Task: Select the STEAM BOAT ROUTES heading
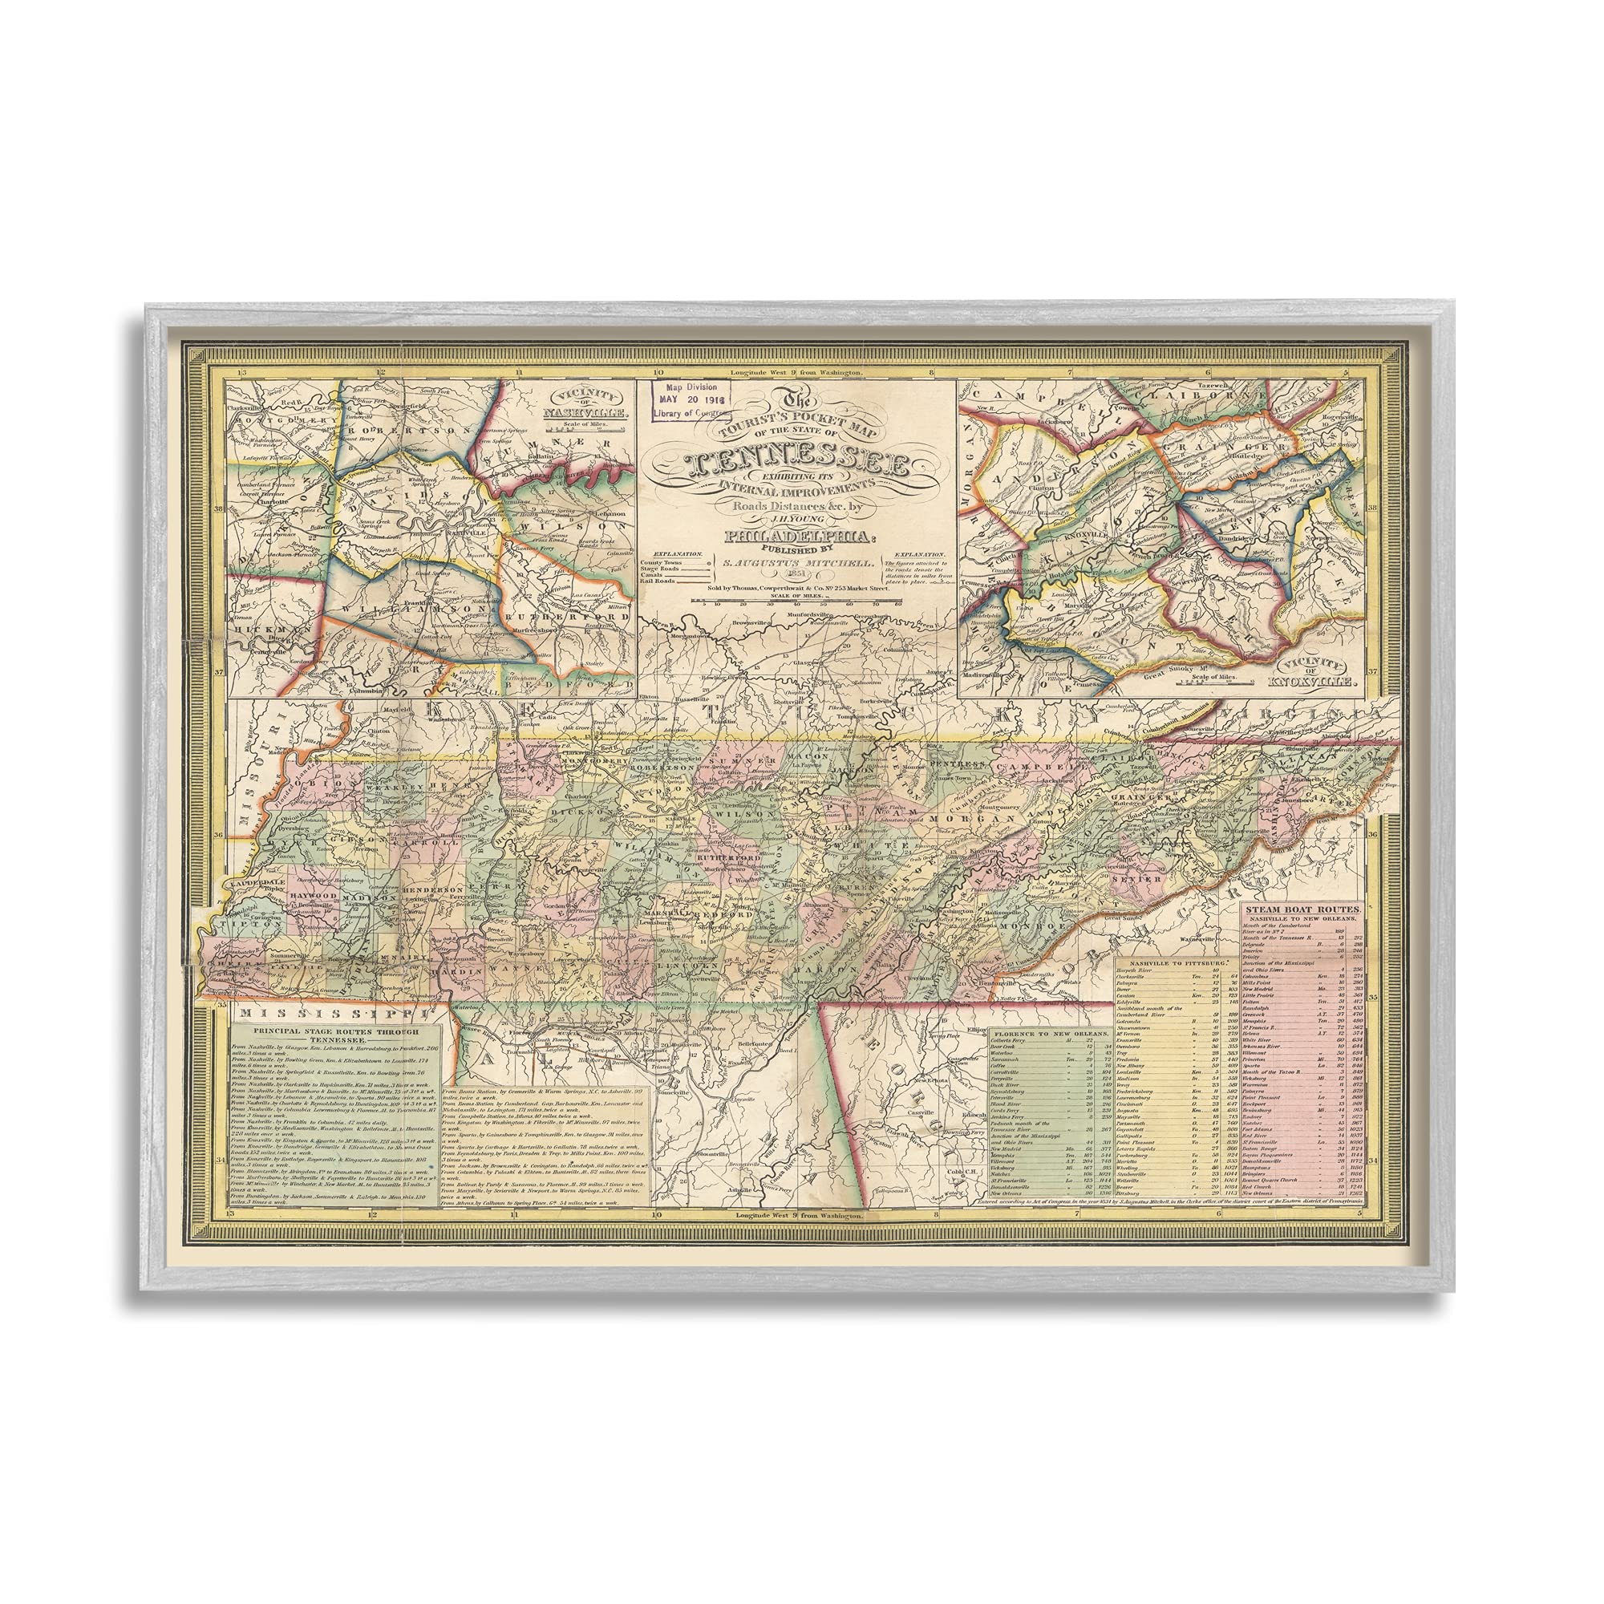[1302, 909]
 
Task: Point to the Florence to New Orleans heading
[1048, 1032]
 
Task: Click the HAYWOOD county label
[314, 897]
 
